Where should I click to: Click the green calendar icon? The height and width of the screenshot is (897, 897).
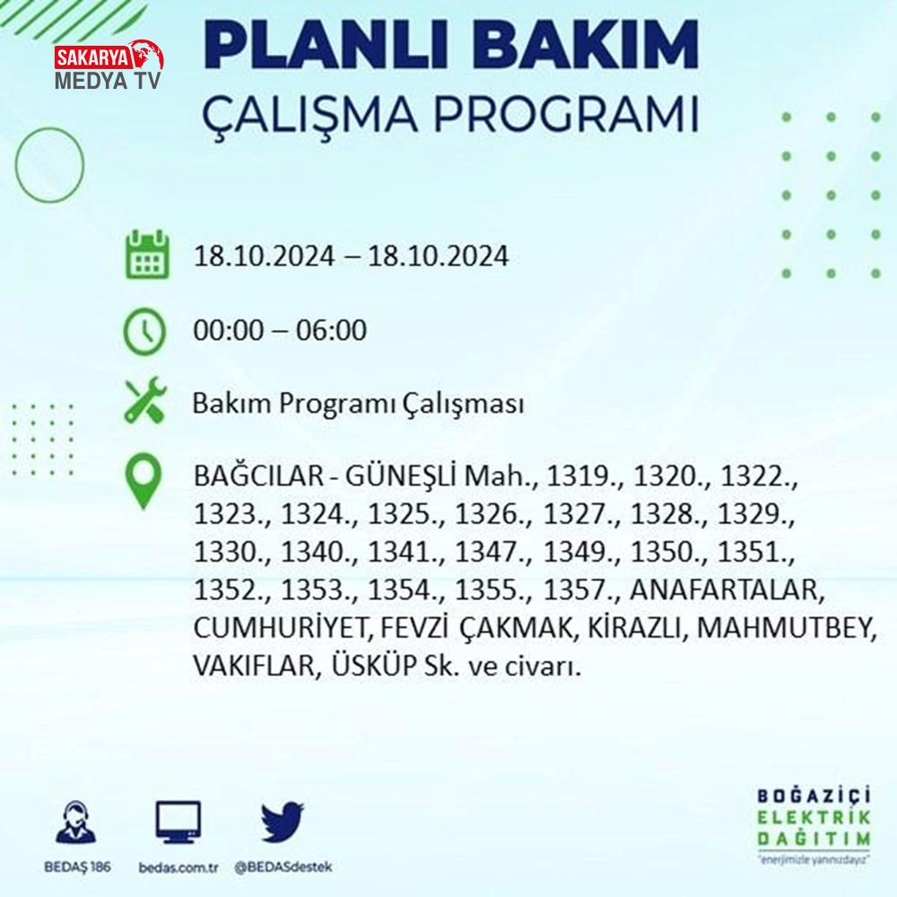[x=147, y=255]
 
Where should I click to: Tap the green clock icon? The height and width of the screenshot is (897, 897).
[x=144, y=331]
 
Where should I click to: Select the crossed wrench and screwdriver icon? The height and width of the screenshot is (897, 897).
[x=146, y=400]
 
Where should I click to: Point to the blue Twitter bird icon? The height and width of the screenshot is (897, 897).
[x=282, y=822]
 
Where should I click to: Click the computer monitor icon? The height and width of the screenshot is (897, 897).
[x=178, y=823]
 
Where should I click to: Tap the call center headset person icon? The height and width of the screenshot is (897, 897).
[x=76, y=822]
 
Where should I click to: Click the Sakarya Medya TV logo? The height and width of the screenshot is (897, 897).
[x=109, y=65]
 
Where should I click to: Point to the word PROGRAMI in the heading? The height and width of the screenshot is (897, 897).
[x=566, y=115]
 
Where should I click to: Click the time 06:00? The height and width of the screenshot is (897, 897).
[x=331, y=330]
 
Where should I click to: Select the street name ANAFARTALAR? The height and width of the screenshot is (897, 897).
[x=727, y=590]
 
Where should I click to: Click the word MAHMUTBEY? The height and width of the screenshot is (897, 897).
[x=787, y=628]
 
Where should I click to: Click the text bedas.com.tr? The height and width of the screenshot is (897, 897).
[x=178, y=867]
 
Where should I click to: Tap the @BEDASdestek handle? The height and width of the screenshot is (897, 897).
[x=283, y=867]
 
